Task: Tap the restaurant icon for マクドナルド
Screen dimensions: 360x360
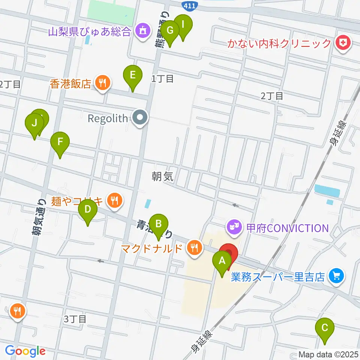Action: click(x=194, y=248)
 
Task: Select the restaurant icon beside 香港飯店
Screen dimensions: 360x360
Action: click(x=102, y=83)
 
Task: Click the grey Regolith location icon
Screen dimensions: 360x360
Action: click(x=140, y=118)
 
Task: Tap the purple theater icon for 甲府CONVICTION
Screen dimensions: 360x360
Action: click(x=234, y=228)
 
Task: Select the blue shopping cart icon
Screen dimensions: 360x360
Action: click(x=336, y=277)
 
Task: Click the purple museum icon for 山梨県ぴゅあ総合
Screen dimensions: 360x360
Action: click(x=142, y=30)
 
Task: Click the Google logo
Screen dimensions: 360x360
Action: click(x=25, y=351)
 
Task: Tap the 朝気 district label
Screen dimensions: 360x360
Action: click(x=163, y=177)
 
